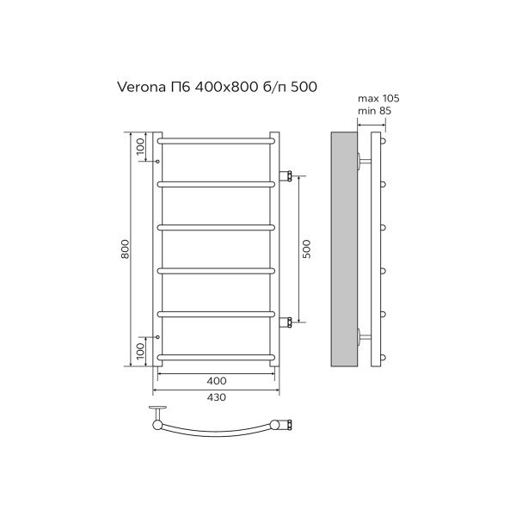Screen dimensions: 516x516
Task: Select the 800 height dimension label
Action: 126,249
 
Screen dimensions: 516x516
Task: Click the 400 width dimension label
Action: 217,380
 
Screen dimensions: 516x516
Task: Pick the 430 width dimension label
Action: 217,397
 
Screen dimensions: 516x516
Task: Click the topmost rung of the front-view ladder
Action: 217,139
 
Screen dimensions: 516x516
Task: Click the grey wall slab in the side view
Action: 345,249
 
